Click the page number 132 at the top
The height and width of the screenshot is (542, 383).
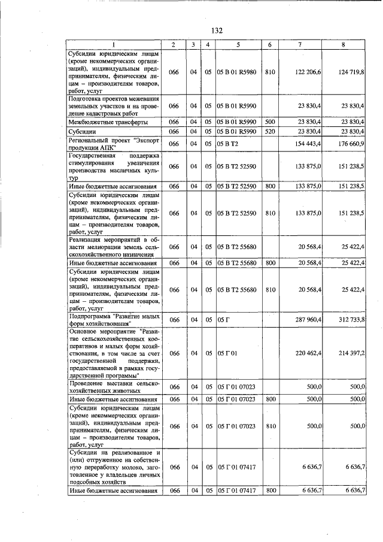coord(217,31)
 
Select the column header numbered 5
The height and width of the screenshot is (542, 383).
coord(238,45)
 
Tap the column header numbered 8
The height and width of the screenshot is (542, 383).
coord(343,45)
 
